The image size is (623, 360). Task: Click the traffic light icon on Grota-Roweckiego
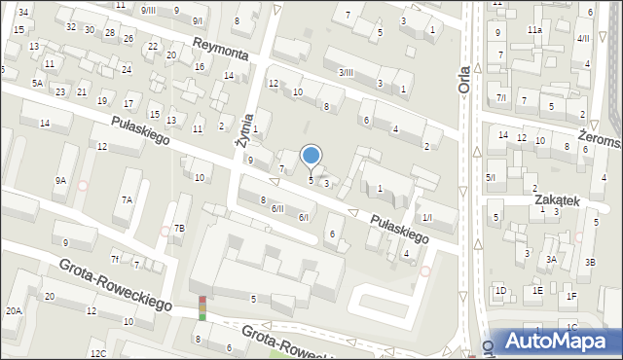[202, 308]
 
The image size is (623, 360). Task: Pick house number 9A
[60, 180]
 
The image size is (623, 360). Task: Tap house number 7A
[126, 199]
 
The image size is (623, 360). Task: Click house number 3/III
[346, 72]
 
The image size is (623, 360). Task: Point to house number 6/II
[277, 208]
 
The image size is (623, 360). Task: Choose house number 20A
[13, 310]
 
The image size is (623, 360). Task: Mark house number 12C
[97, 353]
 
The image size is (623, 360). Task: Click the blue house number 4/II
[583, 38]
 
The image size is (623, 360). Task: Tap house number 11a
[534, 30]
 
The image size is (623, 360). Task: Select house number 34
[22, 12]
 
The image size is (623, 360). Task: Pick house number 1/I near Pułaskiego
[426, 216]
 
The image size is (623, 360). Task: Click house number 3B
[590, 263]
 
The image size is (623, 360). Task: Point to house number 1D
[500, 290]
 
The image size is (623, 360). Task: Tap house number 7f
[115, 258]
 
